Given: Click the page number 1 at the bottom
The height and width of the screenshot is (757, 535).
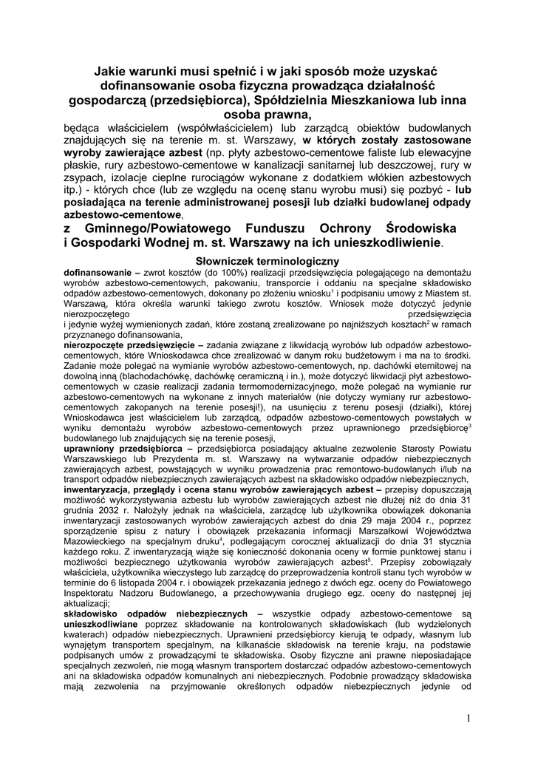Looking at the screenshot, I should (x=468, y=719).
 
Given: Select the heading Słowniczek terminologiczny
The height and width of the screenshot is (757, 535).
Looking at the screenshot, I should (x=267, y=261).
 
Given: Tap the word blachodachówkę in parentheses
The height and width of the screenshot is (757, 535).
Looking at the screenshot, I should (x=160, y=376).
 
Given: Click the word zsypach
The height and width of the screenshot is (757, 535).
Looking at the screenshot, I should (x=81, y=189).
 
